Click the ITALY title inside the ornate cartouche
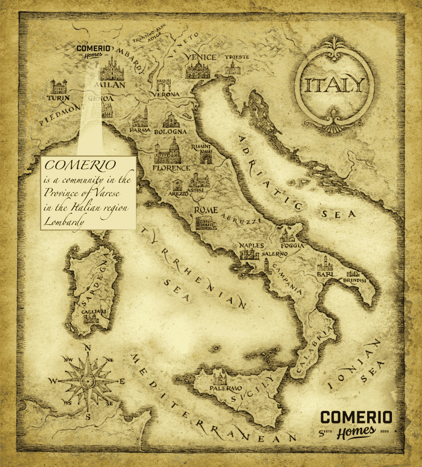click(334, 86)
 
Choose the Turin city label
click(58, 98)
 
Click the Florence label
click(171, 168)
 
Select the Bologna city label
click(171, 132)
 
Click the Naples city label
click(252, 245)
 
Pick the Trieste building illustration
click(233, 69)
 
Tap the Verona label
click(165, 94)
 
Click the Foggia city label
click(292, 245)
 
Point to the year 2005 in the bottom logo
click(385, 430)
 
